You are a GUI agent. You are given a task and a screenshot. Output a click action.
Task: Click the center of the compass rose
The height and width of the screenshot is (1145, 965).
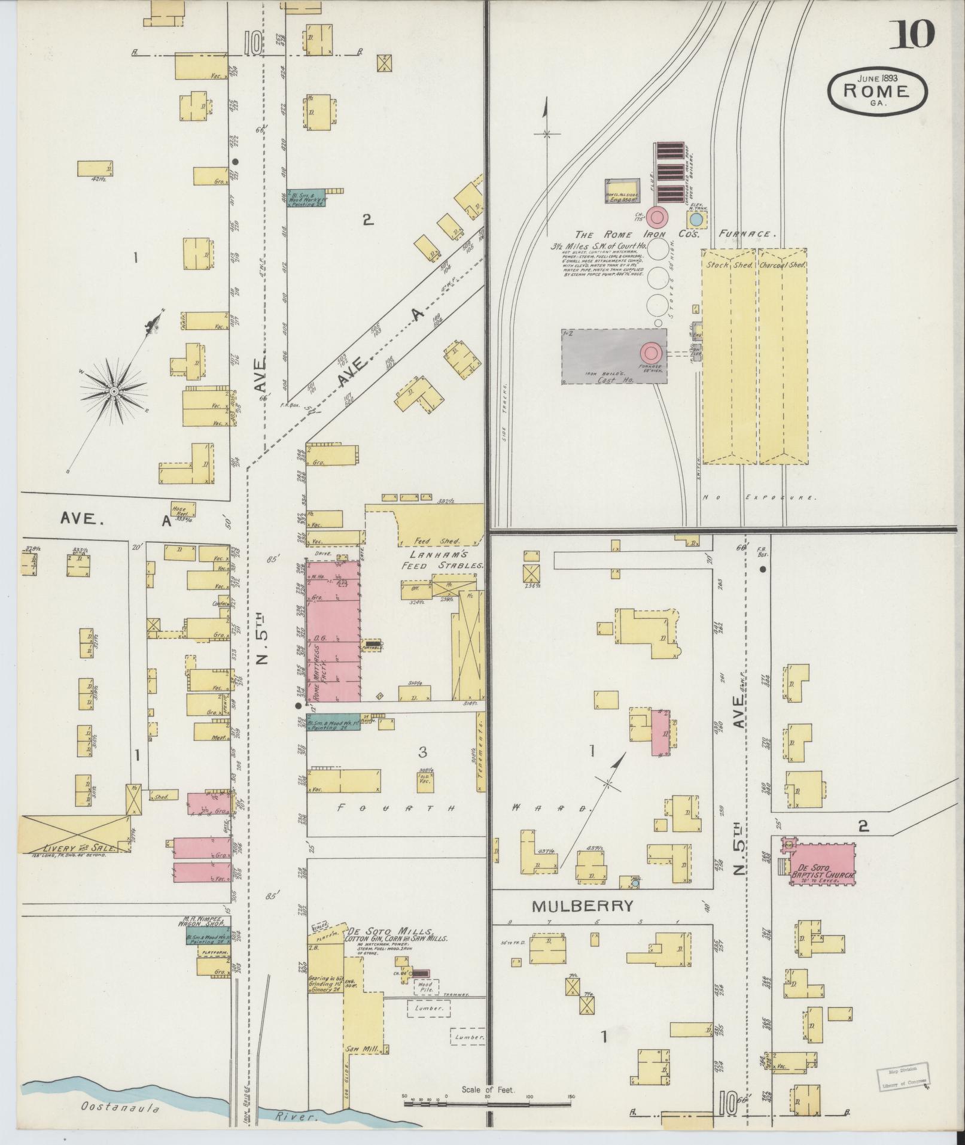[x=112, y=391]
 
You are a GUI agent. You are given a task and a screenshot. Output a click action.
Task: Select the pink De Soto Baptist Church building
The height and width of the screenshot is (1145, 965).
[x=823, y=862]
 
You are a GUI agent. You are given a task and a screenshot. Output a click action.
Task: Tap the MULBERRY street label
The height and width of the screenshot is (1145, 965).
[x=582, y=922]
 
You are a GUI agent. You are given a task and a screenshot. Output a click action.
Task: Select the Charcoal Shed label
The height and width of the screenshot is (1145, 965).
[x=783, y=265]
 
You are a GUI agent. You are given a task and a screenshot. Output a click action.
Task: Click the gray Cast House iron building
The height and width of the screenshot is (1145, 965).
[x=613, y=356]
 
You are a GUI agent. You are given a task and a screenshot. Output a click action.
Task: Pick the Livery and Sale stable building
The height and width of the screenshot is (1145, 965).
[x=76, y=833]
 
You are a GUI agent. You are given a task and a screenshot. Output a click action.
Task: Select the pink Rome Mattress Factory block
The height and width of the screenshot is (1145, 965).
[x=333, y=631]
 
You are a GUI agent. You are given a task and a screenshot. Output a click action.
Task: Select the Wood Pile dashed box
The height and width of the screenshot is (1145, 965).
[x=425, y=988]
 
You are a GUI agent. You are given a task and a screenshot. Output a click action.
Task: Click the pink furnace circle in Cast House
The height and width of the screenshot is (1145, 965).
[x=652, y=353]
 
